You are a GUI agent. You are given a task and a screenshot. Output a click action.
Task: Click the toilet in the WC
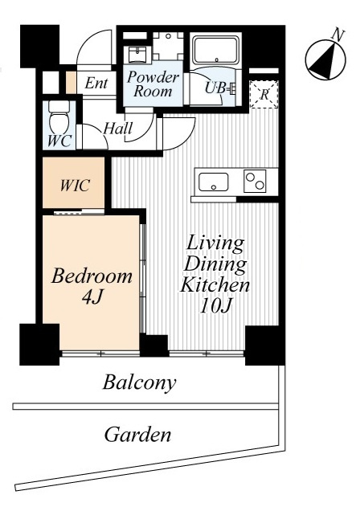(59, 117)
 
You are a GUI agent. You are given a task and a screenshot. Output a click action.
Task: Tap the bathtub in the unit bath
(216, 50)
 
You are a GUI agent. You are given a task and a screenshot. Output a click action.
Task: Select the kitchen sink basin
(214, 182)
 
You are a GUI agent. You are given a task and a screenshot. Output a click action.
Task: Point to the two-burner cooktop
(255, 181)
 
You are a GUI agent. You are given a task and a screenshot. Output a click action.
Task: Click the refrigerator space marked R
(264, 94)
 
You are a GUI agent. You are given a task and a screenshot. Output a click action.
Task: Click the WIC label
(75, 186)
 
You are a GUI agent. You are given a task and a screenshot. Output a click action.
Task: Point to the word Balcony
(140, 382)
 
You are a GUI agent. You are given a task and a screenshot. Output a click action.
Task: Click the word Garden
(137, 434)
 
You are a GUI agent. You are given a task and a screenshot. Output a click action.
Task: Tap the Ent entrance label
(96, 83)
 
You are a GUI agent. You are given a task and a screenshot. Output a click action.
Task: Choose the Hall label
(118, 129)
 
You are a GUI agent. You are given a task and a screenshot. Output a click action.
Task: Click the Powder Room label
(153, 84)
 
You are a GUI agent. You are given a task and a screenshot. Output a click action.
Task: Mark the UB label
(215, 88)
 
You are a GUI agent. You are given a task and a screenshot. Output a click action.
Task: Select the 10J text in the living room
(215, 305)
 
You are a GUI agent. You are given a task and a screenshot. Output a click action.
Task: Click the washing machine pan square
(168, 45)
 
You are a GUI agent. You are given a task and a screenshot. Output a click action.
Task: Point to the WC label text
(59, 141)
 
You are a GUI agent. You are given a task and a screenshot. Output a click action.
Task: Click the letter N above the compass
(338, 35)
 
